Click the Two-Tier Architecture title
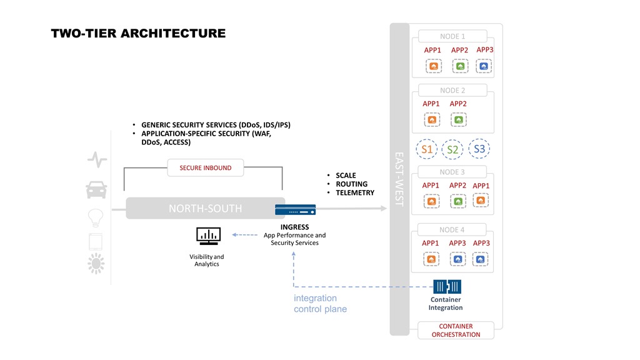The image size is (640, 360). click(138, 34)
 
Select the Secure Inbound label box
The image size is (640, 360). click(205, 167)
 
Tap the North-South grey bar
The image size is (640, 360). click(205, 208)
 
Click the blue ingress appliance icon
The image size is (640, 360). click(295, 210)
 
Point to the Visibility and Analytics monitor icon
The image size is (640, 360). click(209, 236)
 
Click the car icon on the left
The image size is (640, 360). click(96, 190)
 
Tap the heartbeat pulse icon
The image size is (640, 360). click(97, 159)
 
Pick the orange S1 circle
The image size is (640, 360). click(426, 149)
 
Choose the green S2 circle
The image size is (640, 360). click(452, 149)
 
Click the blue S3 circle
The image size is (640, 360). click(479, 149)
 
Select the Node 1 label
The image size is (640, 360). click(452, 36)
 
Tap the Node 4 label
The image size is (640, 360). click(452, 230)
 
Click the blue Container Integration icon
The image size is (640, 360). click(447, 286)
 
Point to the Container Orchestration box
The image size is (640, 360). click(456, 330)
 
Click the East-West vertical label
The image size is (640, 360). click(399, 179)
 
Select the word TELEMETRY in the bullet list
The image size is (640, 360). click(355, 192)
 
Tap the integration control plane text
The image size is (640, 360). click(321, 304)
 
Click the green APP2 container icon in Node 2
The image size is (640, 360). click(459, 120)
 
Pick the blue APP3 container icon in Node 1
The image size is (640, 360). click(484, 66)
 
